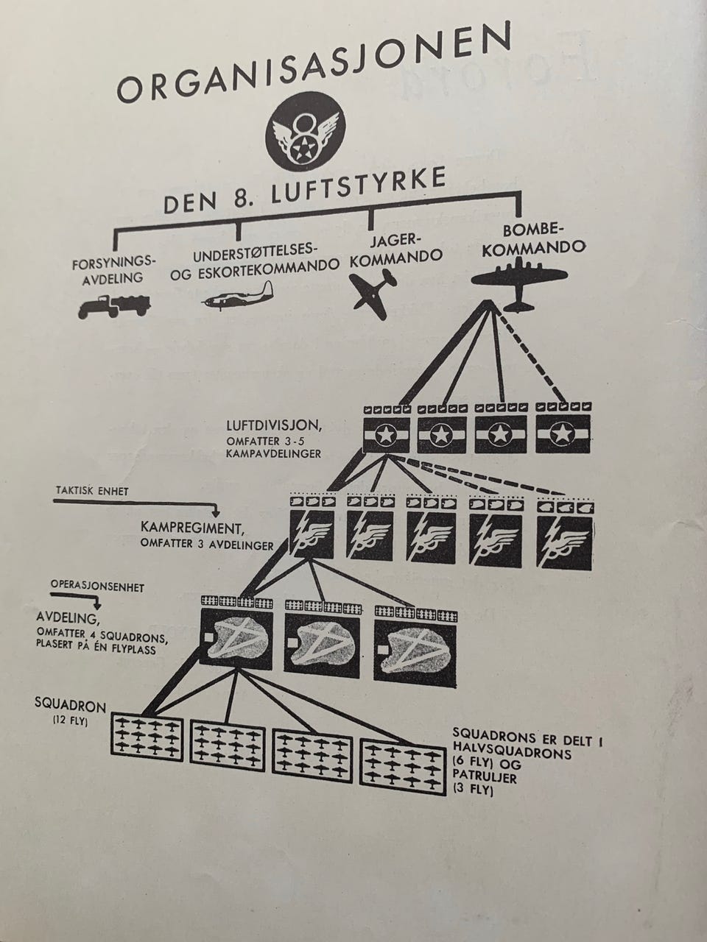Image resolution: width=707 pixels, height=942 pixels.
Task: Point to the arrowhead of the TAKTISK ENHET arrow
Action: pyautogui.click(x=216, y=513)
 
